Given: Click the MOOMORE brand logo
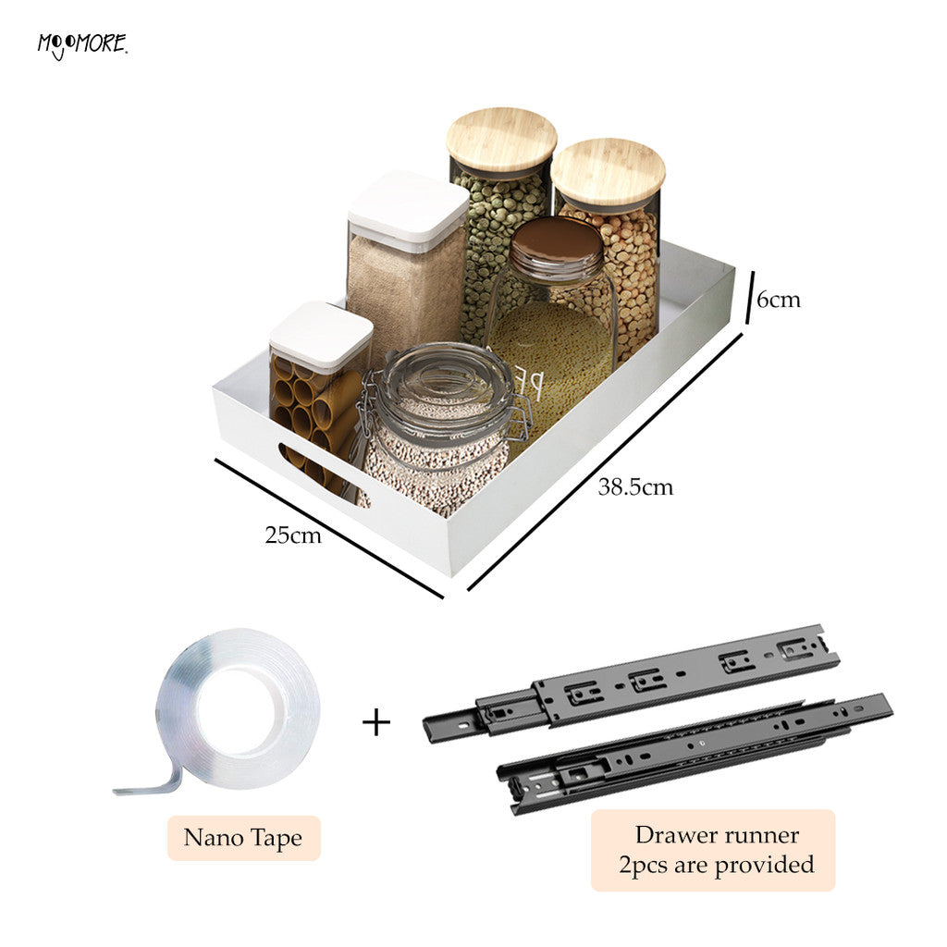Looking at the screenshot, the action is pos(82,46).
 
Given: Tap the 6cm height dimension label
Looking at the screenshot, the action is pos(779,300).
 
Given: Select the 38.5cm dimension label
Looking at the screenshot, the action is pos(635,486).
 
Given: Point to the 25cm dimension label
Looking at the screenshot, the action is pos(293,535).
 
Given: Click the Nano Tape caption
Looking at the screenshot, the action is pos(243,838).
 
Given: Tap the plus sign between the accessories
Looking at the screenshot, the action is pos(376,723).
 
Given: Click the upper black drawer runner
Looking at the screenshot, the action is pos(631,683).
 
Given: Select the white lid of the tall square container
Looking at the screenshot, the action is pos(408,208).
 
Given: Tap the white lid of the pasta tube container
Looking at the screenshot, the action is pos(321,335).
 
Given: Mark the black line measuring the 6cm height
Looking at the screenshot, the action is pos(750,297).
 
